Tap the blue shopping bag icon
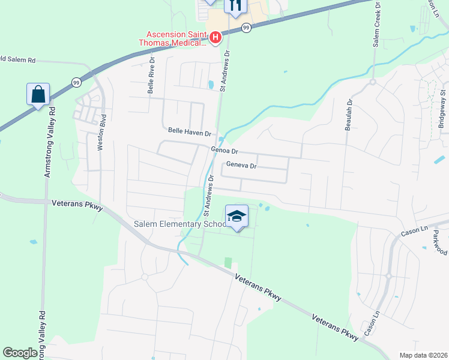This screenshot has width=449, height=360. point(38,95)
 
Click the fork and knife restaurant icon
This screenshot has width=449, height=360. point(235,5)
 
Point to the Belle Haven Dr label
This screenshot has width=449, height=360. point(190,131)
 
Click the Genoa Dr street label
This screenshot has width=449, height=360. point(225,151)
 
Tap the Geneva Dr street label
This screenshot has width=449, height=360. point(241,166)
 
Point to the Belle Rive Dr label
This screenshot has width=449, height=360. point(152,76)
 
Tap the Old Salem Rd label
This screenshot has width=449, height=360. point(18,61)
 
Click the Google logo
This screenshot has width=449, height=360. point(20,353)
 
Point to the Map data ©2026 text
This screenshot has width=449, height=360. point(423,355)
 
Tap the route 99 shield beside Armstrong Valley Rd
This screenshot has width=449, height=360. point(76,82)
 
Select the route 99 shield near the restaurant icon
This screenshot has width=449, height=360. point(246,28)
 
